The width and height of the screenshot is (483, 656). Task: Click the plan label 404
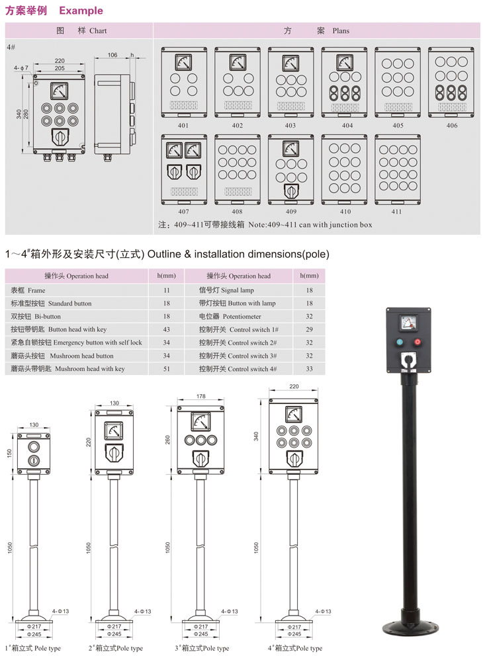(x=347, y=126)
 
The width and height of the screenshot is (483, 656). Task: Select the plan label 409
(x=291, y=212)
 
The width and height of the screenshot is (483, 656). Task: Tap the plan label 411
(x=396, y=212)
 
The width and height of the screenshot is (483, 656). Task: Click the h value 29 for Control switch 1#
(x=309, y=329)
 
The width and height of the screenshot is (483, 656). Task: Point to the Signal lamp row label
(x=226, y=290)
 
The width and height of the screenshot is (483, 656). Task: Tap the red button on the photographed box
(x=417, y=343)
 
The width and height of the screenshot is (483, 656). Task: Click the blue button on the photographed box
(x=399, y=343)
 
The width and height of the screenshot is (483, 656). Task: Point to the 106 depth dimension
(x=112, y=55)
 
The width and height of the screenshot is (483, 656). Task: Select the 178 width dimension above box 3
(x=201, y=397)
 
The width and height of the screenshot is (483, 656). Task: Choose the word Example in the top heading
(x=81, y=11)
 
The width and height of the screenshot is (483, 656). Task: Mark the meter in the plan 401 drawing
(x=183, y=62)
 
